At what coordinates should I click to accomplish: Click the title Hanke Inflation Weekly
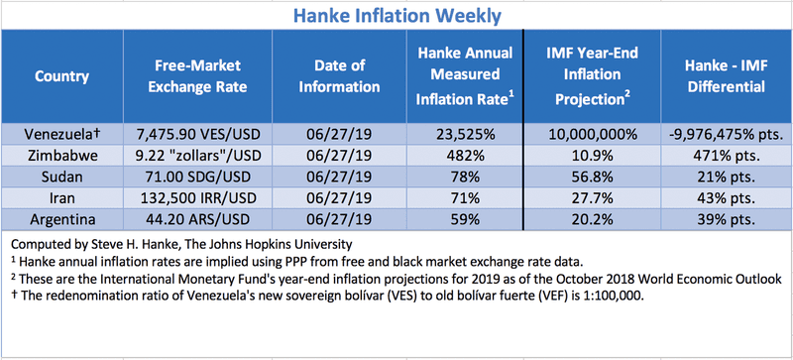[x=396, y=16]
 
